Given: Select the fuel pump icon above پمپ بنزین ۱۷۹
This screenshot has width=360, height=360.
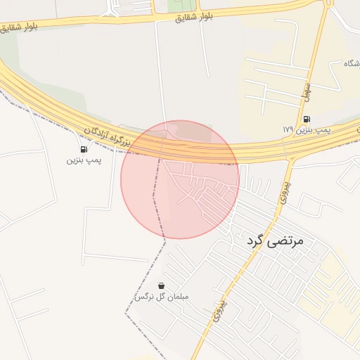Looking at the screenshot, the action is [307, 119].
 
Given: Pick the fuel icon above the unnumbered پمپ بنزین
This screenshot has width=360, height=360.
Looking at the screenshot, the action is [84, 149].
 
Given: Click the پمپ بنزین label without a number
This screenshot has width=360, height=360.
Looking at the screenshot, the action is [84, 160].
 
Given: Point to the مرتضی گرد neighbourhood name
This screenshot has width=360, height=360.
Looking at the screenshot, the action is [275, 241].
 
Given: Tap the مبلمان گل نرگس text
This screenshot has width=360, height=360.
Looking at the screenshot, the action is [162, 297].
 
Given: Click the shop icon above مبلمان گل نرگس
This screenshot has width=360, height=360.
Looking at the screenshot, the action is [162, 285].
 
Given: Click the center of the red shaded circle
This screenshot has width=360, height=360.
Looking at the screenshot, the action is [180, 179].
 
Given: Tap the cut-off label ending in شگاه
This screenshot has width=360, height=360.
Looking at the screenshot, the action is [351, 64].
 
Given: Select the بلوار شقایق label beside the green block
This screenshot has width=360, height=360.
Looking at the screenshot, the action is [195, 16].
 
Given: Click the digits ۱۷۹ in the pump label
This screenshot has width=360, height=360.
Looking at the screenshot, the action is [288, 130].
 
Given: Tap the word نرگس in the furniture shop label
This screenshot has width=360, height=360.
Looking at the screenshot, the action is [144, 297].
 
